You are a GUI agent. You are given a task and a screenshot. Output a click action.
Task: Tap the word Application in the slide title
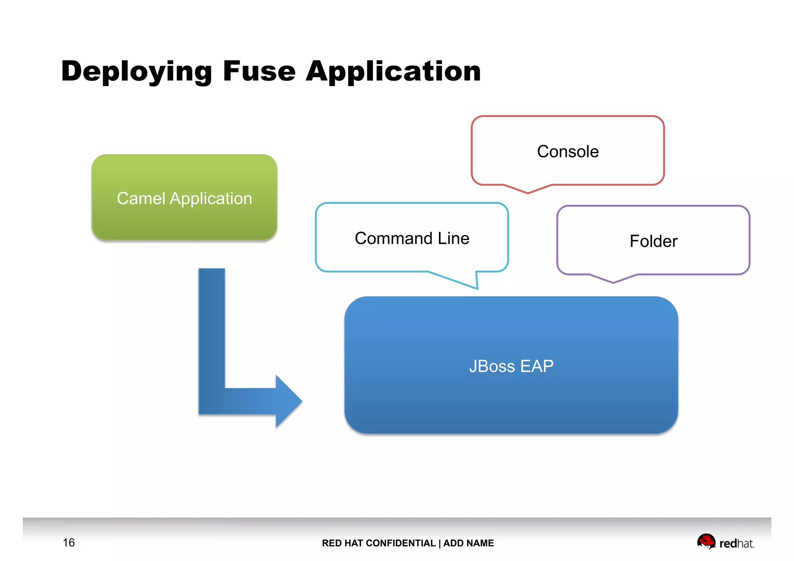[393, 72]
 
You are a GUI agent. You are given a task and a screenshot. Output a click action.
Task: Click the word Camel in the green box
[141, 199]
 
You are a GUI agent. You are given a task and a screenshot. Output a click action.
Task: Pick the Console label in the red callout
[568, 152]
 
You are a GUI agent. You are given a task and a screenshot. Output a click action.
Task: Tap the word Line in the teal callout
[454, 238]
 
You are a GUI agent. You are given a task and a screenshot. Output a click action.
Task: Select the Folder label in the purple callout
[653, 241]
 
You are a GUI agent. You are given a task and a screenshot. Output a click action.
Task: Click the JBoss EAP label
[511, 366]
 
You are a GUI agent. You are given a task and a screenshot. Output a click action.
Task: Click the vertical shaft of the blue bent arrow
[212, 330]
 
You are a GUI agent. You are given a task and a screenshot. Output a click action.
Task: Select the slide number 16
[69, 543]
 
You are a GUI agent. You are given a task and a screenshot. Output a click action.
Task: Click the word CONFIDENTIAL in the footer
[401, 543]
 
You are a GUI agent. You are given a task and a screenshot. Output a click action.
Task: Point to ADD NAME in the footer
[468, 543]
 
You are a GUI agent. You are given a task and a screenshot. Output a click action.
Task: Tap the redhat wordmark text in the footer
[736, 544]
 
